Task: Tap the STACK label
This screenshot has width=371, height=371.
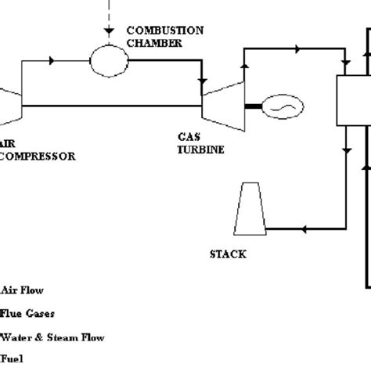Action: tap(229, 254)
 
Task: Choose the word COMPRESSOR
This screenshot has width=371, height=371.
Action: tap(39, 156)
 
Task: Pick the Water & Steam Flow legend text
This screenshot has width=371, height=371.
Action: tap(53, 338)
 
